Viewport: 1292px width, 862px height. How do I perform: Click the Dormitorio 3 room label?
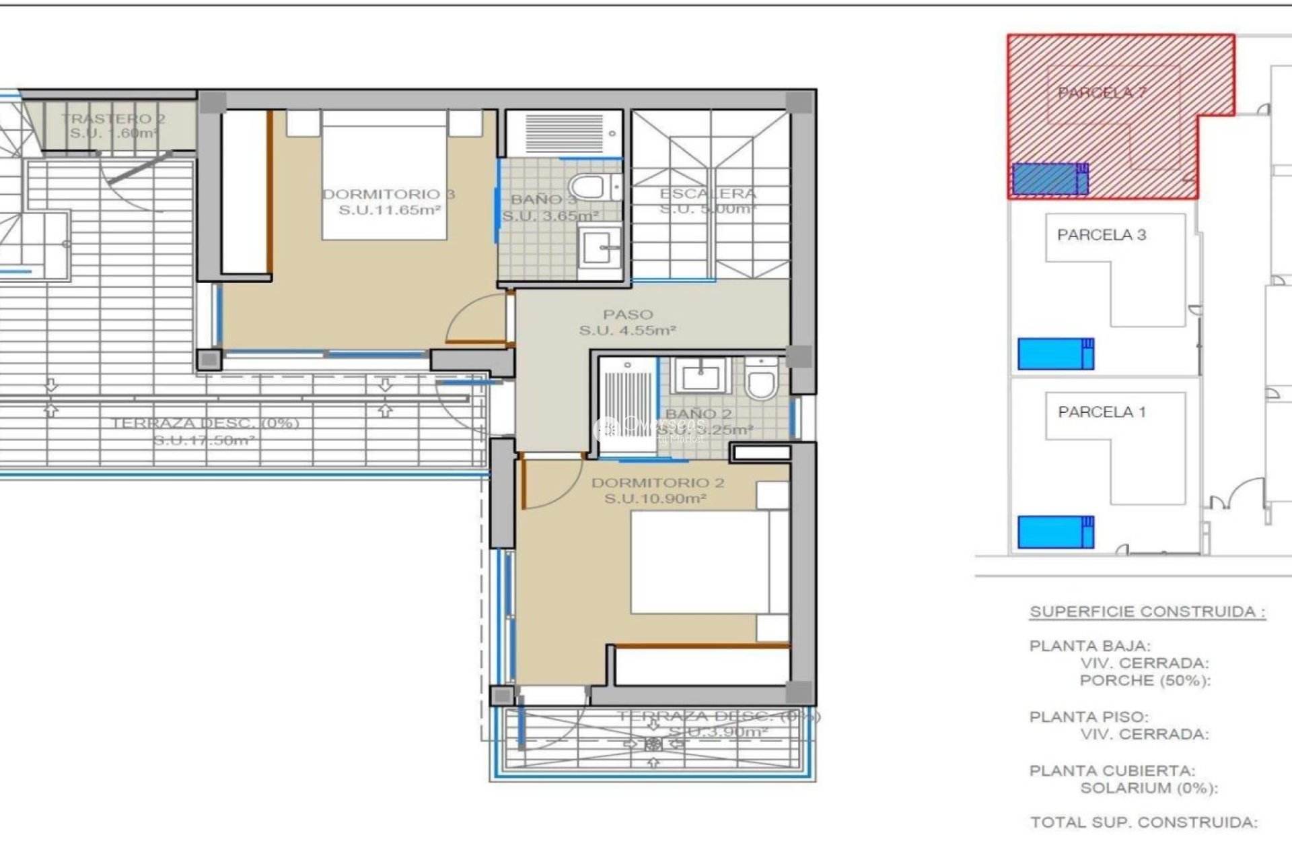coord(389,195)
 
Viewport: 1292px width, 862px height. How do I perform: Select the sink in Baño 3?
coord(600,248)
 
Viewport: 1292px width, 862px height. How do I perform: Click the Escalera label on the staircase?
coord(708,194)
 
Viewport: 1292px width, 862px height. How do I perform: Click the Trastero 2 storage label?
coord(113,119)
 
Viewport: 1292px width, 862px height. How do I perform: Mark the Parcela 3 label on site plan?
coord(1102,235)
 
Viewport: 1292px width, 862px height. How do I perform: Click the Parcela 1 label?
coord(1102,411)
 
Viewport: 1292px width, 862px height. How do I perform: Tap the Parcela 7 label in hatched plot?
coord(1102,93)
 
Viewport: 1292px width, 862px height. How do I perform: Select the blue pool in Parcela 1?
coord(1054,532)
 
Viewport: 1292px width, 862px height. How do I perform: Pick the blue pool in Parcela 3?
coord(1054,354)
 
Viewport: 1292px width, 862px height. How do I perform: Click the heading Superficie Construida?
coord(1147,611)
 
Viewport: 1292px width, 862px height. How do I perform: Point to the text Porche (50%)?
coord(1145,681)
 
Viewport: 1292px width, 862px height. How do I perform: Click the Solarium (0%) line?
coord(1149,788)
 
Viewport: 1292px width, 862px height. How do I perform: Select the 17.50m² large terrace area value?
coord(204,440)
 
